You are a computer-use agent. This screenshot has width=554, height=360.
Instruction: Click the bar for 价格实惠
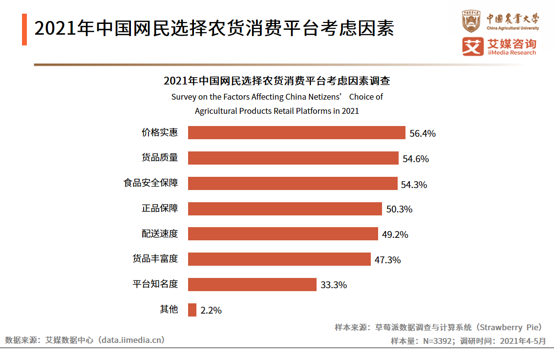pyautogui.click(x=297, y=133)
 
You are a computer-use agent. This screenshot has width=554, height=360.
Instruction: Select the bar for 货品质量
pyautogui.click(x=293, y=158)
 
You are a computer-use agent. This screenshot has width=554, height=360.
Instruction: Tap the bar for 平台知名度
pyautogui.click(x=252, y=284)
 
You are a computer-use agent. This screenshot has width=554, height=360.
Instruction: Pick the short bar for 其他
pyautogui.click(x=192, y=310)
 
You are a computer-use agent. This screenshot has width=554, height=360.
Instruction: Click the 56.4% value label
pyautogui.click(x=422, y=133)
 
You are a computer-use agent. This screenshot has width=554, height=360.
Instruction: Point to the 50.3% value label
pyautogui.click(x=399, y=210)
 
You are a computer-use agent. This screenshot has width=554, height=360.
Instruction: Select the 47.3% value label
pyautogui.click(x=387, y=260)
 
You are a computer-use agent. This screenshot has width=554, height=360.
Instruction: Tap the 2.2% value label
pyautogui.click(x=211, y=310)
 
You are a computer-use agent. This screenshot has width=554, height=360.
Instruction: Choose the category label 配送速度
pyautogui.click(x=160, y=233)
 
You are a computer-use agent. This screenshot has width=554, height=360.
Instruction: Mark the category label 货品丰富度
pyautogui.click(x=155, y=258)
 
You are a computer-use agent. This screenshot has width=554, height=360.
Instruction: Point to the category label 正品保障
pyautogui.click(x=160, y=208)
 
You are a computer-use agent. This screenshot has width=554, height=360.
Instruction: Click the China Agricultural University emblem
pyautogui.click(x=471, y=21)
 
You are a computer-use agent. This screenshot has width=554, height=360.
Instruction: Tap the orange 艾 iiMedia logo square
pyautogui.click(x=472, y=46)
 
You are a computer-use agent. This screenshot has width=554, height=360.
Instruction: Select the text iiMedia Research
pyautogui.click(x=511, y=53)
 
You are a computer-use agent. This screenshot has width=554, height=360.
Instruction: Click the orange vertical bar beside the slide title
pyautogui.click(x=24, y=30)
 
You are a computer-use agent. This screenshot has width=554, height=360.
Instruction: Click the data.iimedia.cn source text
pyautogui.click(x=131, y=339)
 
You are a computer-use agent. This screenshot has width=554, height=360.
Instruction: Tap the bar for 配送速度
pyautogui.click(x=283, y=234)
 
